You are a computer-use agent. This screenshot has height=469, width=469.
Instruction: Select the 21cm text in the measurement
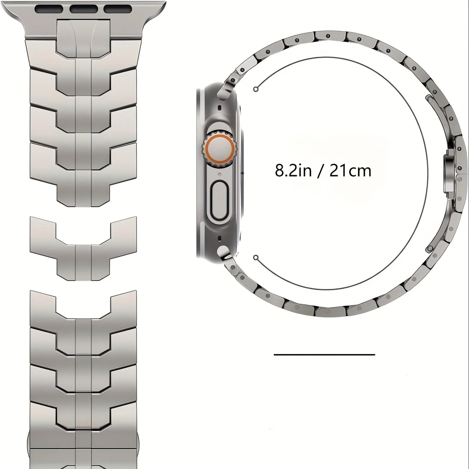[x=350, y=171]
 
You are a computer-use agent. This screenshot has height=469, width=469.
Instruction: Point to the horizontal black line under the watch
[x=324, y=354]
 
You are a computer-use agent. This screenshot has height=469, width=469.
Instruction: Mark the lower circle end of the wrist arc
[x=256, y=258]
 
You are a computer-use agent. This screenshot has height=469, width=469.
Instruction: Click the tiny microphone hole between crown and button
[x=220, y=174]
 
